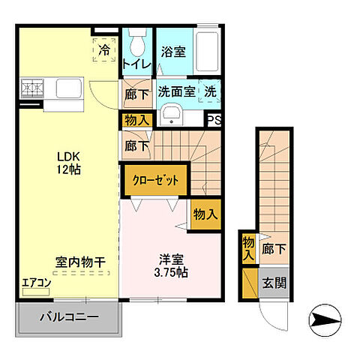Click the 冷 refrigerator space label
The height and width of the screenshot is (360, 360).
(105, 50)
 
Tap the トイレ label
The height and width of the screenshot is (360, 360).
(136, 65)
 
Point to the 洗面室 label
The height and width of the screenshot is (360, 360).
(176, 91)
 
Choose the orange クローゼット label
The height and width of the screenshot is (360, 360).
(156, 180)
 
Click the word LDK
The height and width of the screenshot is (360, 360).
(67, 156)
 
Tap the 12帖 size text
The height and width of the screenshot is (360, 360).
(67, 169)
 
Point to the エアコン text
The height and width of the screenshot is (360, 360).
(36, 283)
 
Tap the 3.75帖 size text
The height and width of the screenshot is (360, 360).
(171, 272)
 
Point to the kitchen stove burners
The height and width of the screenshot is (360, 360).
(31, 90)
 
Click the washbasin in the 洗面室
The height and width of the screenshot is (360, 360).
(170, 115)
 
